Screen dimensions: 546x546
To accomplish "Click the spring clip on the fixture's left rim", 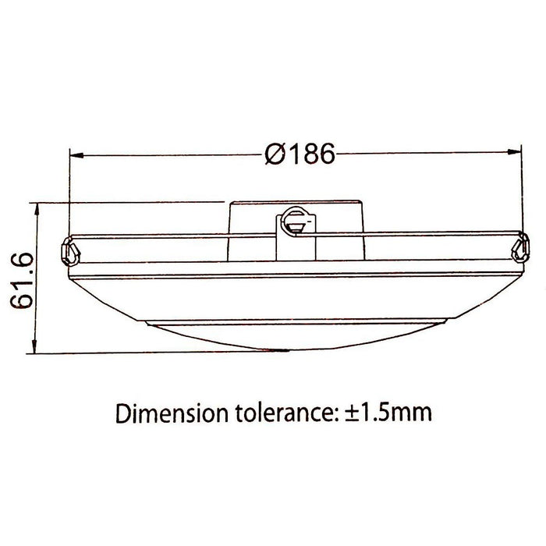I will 68,251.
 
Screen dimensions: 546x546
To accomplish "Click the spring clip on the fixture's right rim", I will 519,249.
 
